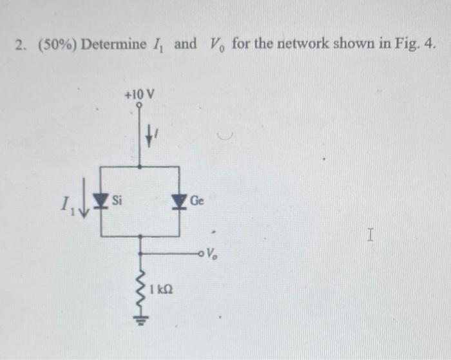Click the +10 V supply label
[140, 95]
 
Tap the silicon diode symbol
[99, 202]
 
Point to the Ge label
[197, 202]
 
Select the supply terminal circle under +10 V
[140, 106]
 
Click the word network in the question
[300, 45]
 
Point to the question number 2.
[21, 46]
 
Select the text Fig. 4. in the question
[416, 45]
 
